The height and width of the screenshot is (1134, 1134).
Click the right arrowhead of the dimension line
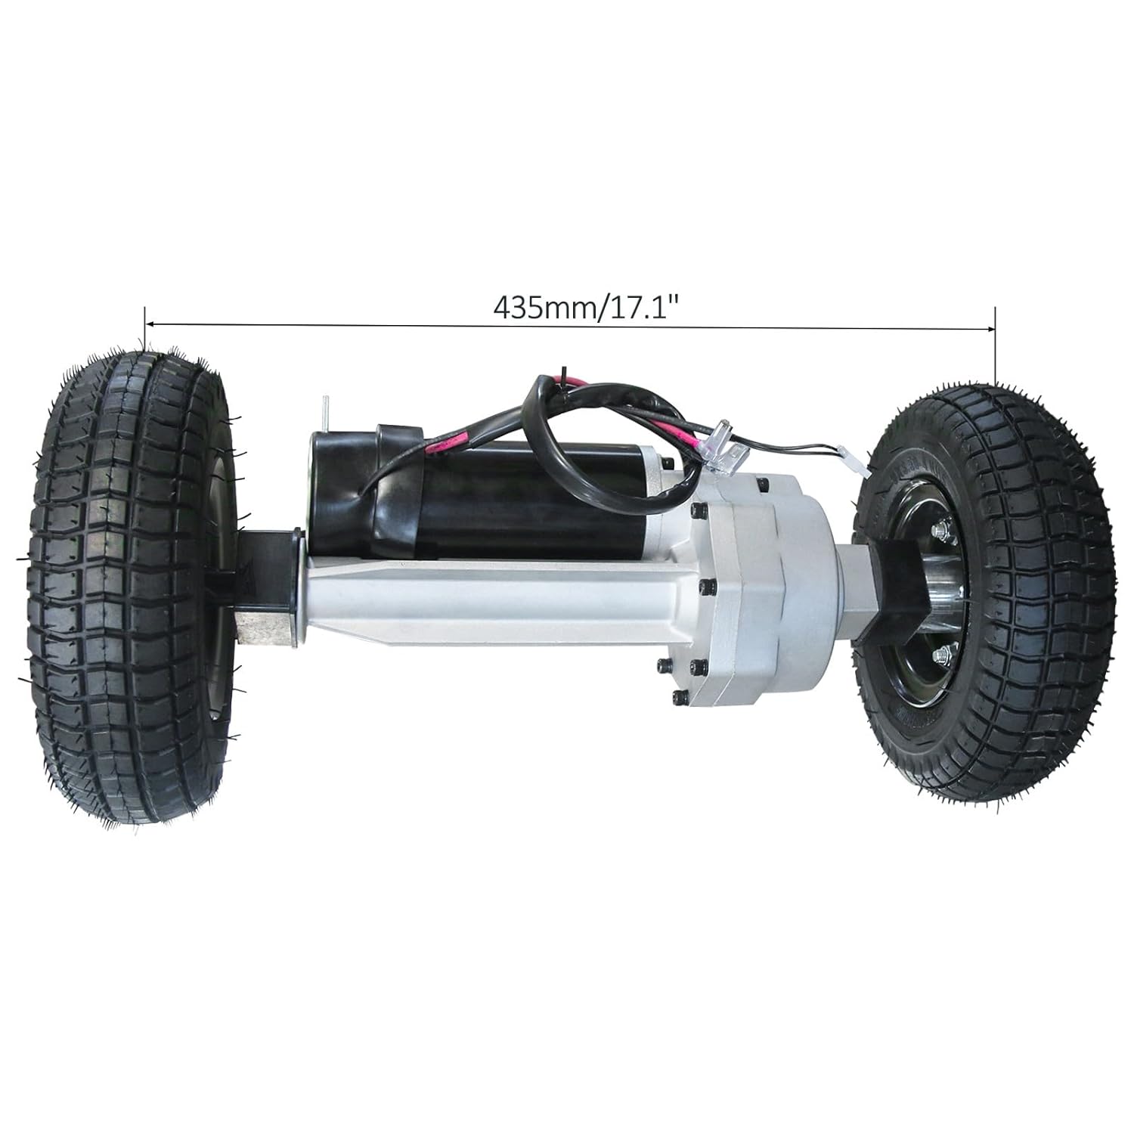click(990, 329)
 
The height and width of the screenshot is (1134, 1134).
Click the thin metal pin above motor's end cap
click(323, 412)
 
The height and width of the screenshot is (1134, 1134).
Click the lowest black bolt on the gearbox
click(675, 700)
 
